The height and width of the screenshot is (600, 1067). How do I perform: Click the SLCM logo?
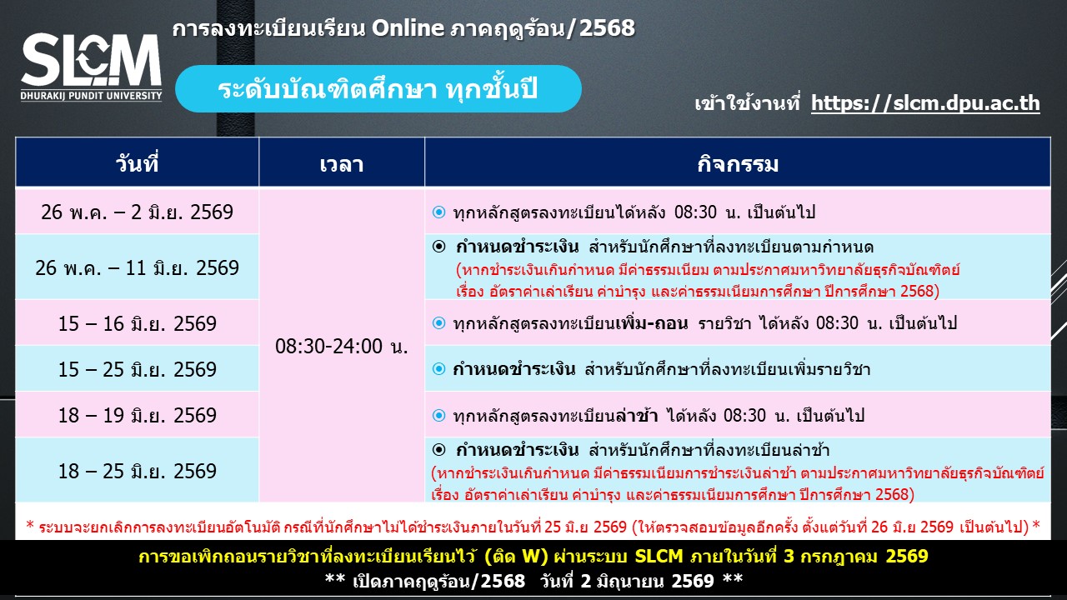[91, 67]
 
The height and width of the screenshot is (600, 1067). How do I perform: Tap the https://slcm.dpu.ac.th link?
[925, 103]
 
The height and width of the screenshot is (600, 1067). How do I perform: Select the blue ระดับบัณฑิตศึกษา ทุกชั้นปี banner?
[378, 89]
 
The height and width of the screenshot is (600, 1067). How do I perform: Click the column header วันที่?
[137, 164]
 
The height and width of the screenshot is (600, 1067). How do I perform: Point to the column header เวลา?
[342, 165]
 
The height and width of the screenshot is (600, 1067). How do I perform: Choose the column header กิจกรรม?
[738, 164]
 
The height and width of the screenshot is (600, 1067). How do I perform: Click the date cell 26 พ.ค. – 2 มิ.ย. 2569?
[138, 212]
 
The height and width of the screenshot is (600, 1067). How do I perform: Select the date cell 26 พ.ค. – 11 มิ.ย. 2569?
[138, 267]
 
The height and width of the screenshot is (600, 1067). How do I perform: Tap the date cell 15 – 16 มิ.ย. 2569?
[138, 323]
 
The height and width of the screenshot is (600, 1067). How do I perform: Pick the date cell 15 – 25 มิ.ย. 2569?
[138, 369]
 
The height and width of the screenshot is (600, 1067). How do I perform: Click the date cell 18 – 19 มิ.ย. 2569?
[138, 415]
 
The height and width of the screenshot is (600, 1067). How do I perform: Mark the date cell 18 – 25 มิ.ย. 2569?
[138, 471]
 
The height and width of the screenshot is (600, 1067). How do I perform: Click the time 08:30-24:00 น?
[342, 346]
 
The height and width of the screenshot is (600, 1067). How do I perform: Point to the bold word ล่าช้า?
[636, 415]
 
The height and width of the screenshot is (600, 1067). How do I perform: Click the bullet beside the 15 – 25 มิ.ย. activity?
[438, 369]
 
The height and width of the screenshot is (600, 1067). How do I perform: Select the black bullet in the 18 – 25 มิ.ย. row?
[438, 449]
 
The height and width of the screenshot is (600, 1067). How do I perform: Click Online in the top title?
[408, 28]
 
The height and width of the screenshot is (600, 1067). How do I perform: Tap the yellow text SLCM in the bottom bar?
[659, 556]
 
